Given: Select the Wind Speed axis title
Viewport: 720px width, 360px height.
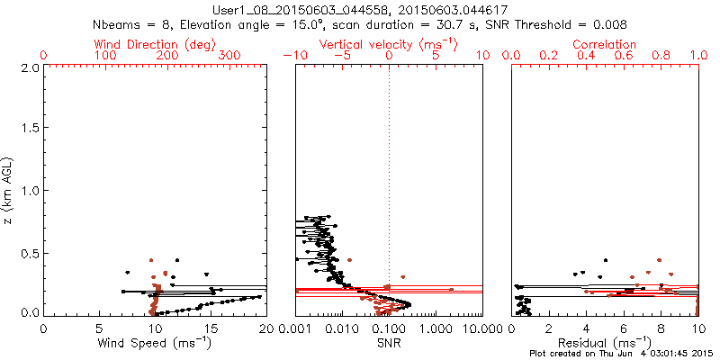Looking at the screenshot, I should (x=154, y=343).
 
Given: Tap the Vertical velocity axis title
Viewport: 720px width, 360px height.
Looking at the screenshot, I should (x=388, y=44).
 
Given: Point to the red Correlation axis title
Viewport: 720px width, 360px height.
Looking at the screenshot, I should (x=605, y=44).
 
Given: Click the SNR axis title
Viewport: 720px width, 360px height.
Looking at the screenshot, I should (x=389, y=343).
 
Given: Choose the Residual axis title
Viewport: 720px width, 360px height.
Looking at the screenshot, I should (x=605, y=343).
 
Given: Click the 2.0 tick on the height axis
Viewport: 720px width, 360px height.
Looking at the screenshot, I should (x=30, y=67).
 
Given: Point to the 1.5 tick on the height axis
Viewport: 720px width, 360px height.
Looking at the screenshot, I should (x=30, y=129).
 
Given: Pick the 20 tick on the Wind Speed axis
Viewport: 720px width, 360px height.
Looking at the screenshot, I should (x=265, y=328).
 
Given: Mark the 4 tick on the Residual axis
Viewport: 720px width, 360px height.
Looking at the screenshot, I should (x=587, y=328).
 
